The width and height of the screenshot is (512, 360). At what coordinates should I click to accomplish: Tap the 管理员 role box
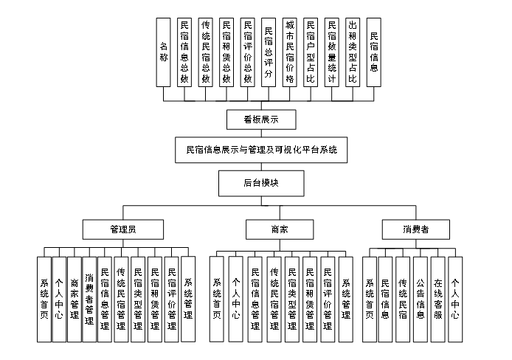point(122,229)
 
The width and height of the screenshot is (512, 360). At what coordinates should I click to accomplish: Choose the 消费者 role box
point(416,229)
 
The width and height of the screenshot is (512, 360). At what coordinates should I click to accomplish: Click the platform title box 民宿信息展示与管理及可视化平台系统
point(261,149)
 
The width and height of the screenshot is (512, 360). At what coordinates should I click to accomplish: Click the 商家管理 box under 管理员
point(74,298)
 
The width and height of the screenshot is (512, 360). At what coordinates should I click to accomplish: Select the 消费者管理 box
point(89,298)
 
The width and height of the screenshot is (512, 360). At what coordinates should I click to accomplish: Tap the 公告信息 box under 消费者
point(420,298)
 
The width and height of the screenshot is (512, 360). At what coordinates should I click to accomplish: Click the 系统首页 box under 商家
point(217,298)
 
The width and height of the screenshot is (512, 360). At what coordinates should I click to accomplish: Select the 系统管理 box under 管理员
point(187,298)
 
